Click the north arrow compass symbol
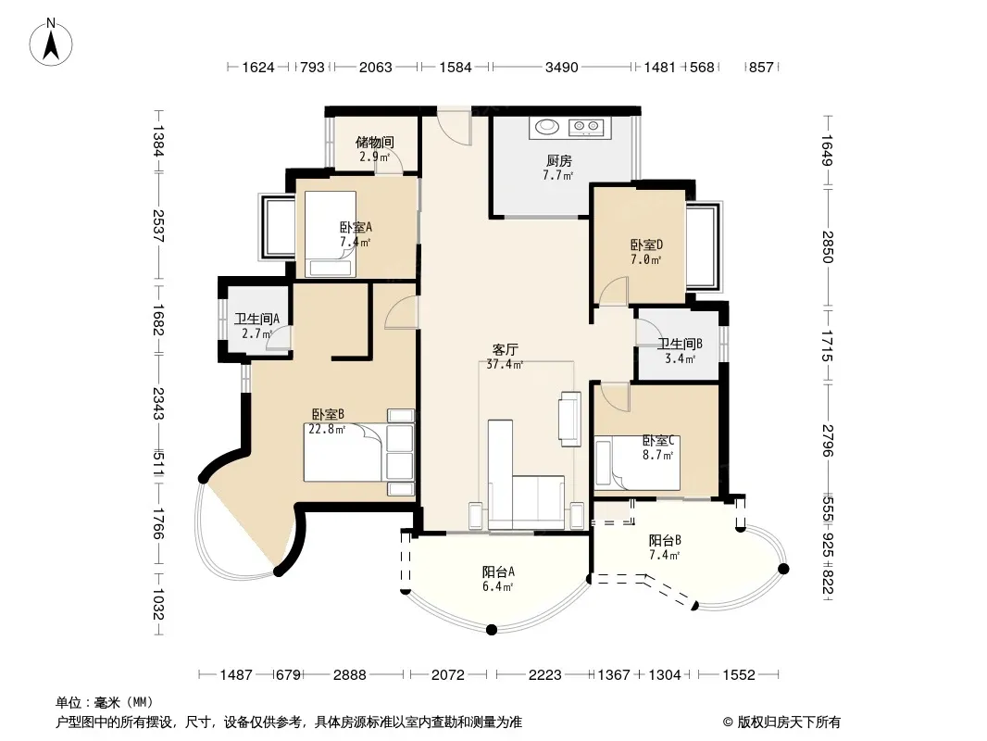(51, 42)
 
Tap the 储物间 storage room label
(375, 142)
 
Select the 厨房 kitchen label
(558, 160)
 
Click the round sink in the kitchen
(547, 127)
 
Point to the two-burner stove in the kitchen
(586, 127)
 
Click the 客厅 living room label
(505, 349)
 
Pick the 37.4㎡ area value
(505, 364)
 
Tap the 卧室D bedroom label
(646, 245)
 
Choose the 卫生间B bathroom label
(680, 344)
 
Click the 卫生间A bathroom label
(256, 319)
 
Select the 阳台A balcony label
(498, 571)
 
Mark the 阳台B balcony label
(666, 540)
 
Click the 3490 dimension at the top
(561, 67)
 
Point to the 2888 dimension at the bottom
(349, 675)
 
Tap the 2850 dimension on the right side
(828, 246)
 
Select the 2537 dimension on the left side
(158, 225)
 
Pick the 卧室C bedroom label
(658, 440)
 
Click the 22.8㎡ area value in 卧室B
(328, 430)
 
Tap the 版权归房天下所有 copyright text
(789, 722)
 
